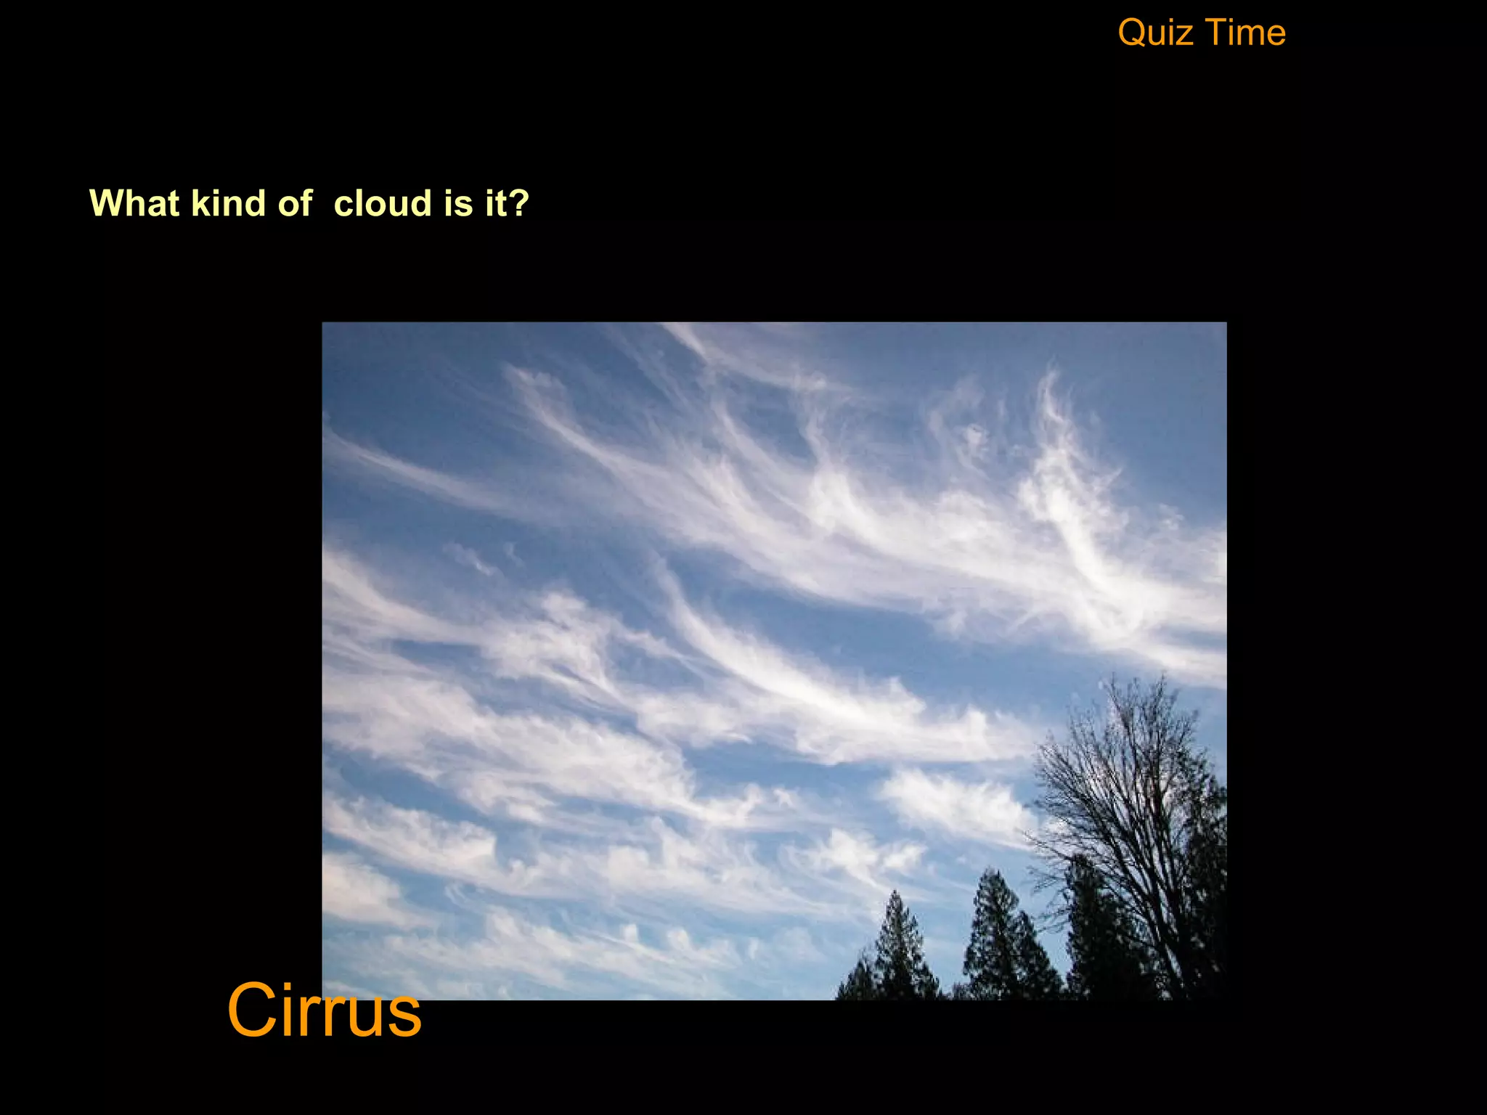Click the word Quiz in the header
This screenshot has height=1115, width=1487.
coord(1153,33)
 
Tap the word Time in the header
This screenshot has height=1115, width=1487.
coord(1247,33)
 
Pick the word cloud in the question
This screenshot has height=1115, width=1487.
coord(383,203)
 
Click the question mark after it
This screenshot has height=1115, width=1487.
coord(520,203)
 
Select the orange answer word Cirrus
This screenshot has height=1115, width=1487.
coord(324,1010)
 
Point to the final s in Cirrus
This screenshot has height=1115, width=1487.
coord(404,1016)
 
